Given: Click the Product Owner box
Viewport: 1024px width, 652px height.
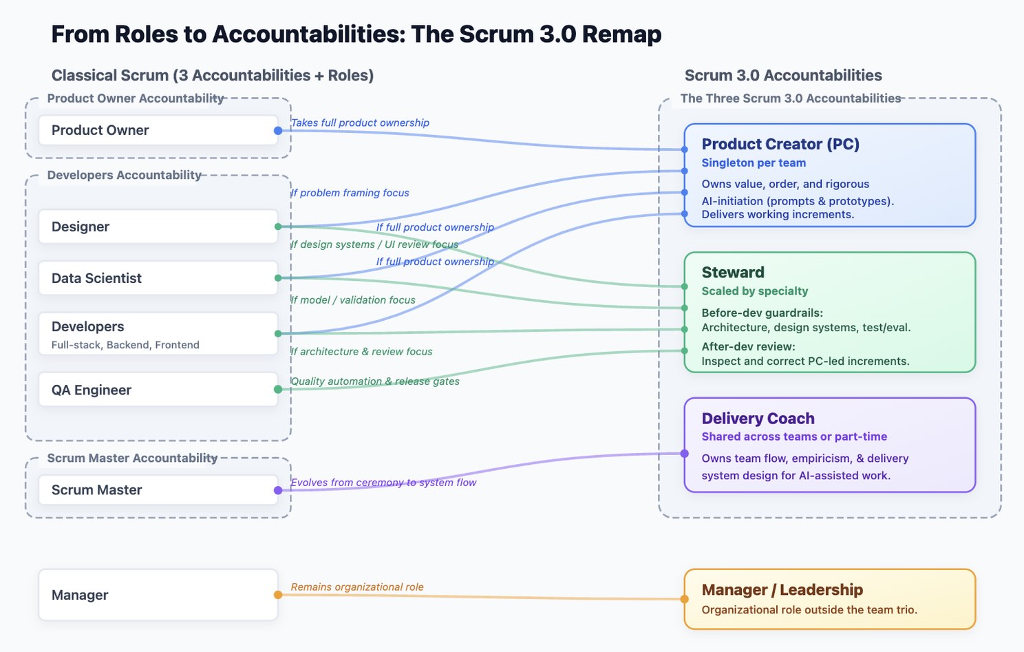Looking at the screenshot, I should coord(158,130).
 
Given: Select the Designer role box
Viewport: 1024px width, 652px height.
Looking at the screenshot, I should coord(158,227).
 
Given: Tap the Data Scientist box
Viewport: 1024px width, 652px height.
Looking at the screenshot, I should coord(158,278).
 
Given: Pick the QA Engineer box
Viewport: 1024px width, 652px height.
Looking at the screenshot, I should coord(158,390).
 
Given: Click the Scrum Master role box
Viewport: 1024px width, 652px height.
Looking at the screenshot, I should coord(158,490).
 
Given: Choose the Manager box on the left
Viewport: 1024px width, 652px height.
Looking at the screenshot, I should coord(158,595).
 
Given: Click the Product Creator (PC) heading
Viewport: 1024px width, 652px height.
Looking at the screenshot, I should coord(780,144).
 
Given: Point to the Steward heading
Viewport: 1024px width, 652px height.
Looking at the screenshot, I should coord(733,273).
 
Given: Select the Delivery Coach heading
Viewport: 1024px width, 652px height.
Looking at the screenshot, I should coord(758,419).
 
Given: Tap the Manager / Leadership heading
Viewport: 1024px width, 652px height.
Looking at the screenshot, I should coord(782,590).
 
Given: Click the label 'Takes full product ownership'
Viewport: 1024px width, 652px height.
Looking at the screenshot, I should coord(360,123).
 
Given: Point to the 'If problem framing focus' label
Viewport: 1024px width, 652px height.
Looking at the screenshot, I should coord(350,193).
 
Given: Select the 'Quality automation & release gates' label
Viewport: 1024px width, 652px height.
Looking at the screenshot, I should coord(375,381).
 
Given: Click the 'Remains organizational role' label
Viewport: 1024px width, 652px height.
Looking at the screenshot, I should coord(357,587).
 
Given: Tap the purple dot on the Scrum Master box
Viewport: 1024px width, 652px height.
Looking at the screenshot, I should coord(278,490).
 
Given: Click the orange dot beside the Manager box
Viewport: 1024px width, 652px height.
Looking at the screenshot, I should coord(278,595).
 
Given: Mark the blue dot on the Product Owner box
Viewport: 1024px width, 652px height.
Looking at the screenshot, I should coord(278,131).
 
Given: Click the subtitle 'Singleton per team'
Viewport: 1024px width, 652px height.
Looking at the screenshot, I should coord(754,163).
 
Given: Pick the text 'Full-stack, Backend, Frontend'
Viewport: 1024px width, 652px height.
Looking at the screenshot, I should coord(125,345).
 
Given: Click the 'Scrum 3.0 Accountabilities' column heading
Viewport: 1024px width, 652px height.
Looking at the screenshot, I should coord(783,76).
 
